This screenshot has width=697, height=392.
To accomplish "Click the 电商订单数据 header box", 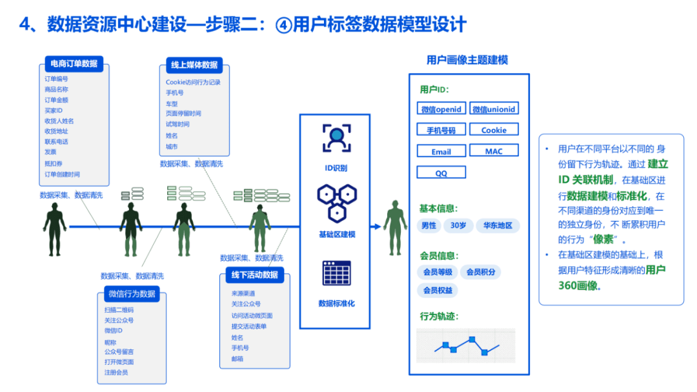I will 74,63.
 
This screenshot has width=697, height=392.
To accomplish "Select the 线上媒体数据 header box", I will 194,65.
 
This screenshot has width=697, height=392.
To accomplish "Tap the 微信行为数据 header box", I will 132,294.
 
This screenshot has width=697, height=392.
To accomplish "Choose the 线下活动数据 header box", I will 254,274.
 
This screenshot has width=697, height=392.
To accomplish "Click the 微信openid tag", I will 441,109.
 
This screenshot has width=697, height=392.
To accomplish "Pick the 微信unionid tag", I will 494,109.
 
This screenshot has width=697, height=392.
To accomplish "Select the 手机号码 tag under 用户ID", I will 441,130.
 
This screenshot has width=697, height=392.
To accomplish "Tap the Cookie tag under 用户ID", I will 494,130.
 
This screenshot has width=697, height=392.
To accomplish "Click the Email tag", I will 441,151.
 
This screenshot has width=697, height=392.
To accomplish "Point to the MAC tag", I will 494,151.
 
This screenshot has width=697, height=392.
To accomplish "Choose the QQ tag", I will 441,173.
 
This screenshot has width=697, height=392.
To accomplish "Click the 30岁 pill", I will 458,225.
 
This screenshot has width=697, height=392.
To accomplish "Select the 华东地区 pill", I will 498,225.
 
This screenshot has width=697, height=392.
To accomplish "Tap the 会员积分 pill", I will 481,272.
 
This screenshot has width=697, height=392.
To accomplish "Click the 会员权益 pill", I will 438,290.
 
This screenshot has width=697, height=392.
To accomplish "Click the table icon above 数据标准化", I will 336,274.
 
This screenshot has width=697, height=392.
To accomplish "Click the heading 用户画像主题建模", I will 467,60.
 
